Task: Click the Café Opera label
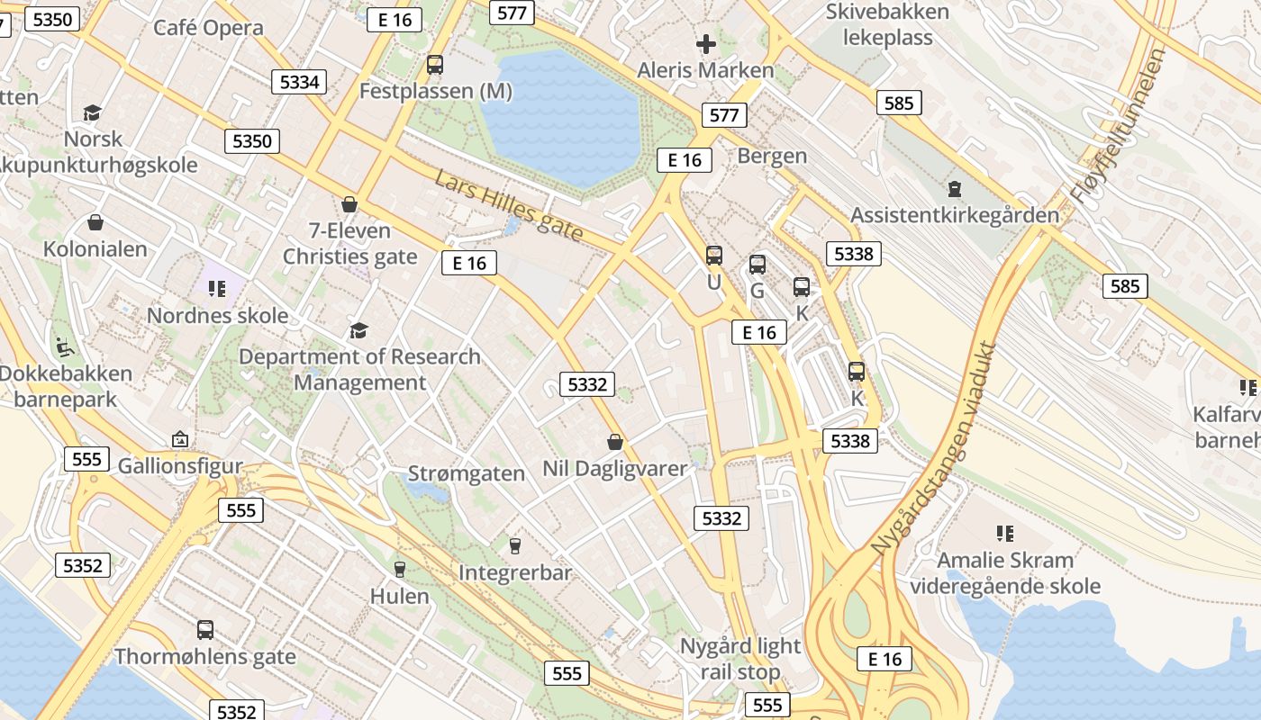click(x=208, y=28)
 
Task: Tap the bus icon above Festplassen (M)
click(x=435, y=65)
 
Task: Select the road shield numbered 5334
click(x=299, y=82)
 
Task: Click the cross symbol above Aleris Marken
click(x=706, y=43)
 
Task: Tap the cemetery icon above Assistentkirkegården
click(x=954, y=190)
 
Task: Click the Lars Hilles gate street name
click(x=509, y=206)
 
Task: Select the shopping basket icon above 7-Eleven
click(x=349, y=205)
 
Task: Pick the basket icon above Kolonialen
click(x=95, y=222)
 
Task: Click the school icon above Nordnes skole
click(x=216, y=289)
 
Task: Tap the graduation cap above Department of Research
click(x=358, y=330)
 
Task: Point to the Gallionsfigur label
click(x=180, y=466)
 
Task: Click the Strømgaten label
click(x=467, y=473)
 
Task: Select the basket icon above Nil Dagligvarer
click(x=615, y=442)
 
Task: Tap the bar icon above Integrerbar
click(x=514, y=546)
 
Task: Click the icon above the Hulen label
click(x=400, y=570)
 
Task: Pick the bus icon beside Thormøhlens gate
click(x=205, y=630)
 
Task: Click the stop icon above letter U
click(x=714, y=256)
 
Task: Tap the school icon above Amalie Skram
click(x=1005, y=534)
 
